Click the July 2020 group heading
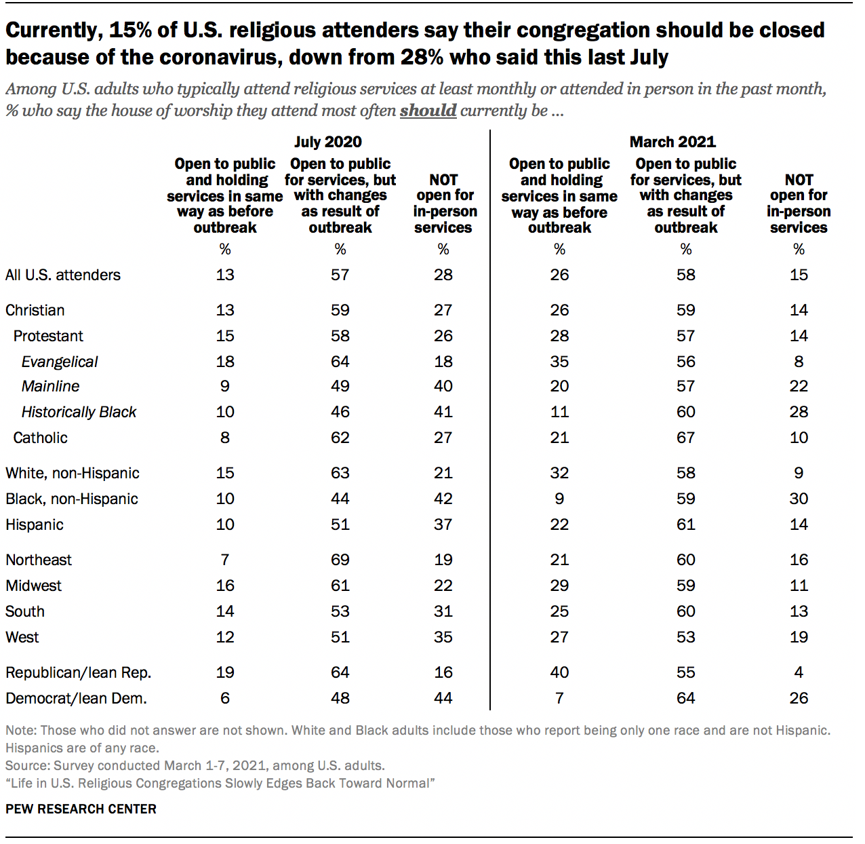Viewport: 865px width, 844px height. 328,142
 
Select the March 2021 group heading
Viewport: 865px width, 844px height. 672,142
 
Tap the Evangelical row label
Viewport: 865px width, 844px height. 60,362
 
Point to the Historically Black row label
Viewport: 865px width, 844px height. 79,412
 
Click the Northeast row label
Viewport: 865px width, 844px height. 39,560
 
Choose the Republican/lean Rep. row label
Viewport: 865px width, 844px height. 79,672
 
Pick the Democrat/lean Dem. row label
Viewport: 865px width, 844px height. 76,698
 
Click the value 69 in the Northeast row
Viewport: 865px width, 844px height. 340,560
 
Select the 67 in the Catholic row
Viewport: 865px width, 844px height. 685,438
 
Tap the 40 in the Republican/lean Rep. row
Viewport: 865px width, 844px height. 559,672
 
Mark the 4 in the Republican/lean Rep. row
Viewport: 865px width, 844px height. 799,672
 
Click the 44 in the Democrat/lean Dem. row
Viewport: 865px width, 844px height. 443,698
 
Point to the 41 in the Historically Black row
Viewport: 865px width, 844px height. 443,412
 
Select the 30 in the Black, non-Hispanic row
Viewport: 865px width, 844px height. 799,499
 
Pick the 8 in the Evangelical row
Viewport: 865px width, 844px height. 799,362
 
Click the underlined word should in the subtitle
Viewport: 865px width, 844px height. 428,111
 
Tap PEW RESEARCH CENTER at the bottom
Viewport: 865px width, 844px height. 81,809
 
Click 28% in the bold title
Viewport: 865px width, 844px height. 422,57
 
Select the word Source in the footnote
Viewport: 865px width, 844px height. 26,765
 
